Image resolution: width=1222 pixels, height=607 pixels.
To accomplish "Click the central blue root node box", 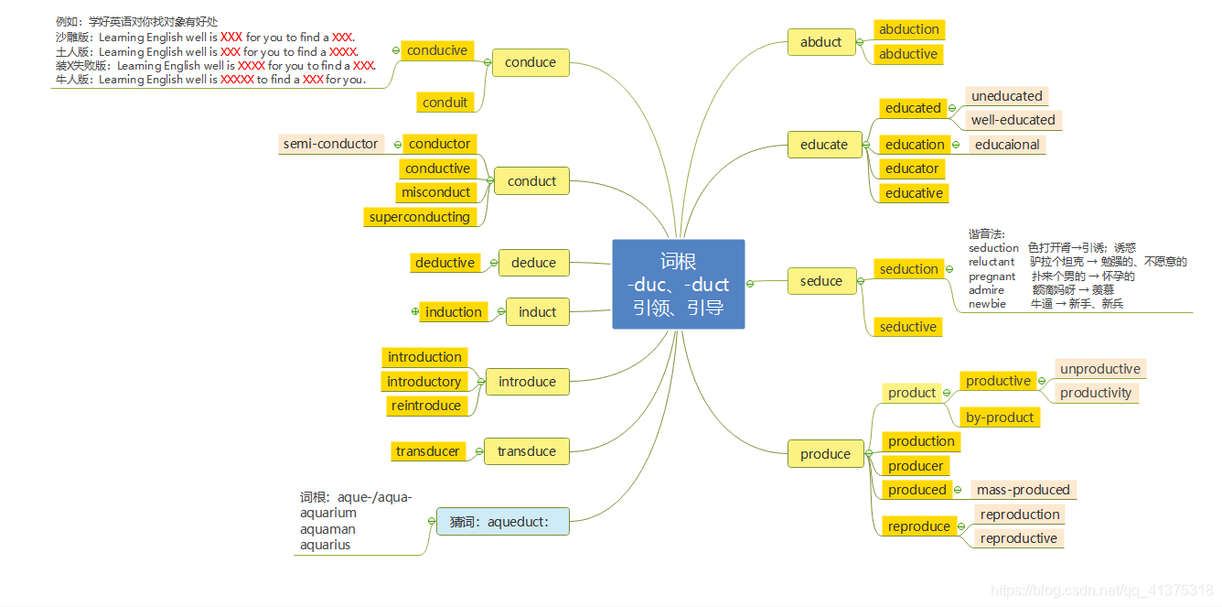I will (678, 284).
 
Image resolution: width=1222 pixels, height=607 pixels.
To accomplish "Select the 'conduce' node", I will (531, 62).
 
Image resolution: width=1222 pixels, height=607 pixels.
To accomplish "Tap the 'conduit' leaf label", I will (445, 103).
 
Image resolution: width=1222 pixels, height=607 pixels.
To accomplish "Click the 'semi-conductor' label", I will (330, 144).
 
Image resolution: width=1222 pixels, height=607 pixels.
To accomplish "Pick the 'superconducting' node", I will (420, 217).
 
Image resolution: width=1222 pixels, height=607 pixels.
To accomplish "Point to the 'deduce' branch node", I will (533, 263).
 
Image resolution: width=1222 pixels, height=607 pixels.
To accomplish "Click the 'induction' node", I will (454, 312).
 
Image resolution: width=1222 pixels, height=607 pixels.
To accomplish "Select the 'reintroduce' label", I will (426, 406).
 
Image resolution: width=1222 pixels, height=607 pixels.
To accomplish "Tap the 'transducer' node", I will (427, 451).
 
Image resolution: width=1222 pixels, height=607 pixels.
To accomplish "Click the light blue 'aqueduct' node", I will (502, 522).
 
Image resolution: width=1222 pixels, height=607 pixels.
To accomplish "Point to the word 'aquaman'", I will (327, 529).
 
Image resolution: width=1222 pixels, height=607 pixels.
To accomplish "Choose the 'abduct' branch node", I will (820, 41).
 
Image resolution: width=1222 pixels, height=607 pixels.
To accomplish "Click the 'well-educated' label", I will (1013, 120).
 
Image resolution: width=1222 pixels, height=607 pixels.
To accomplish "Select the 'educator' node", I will (912, 168).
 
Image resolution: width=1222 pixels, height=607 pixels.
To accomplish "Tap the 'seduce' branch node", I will (820, 281).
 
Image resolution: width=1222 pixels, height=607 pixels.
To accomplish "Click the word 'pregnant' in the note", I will (992, 276).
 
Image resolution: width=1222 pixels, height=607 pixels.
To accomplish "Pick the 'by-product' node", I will (1000, 417).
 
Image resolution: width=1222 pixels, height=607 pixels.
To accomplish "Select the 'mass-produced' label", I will (1023, 490).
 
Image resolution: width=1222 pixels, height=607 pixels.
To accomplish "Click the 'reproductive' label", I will (1018, 538).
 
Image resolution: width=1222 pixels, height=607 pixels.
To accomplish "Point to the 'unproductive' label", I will (1099, 369).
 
